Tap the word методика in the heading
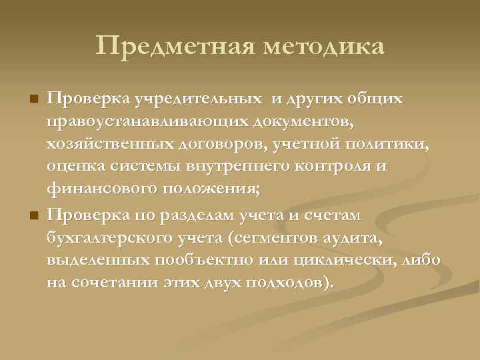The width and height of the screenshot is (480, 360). (x=325, y=47)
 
